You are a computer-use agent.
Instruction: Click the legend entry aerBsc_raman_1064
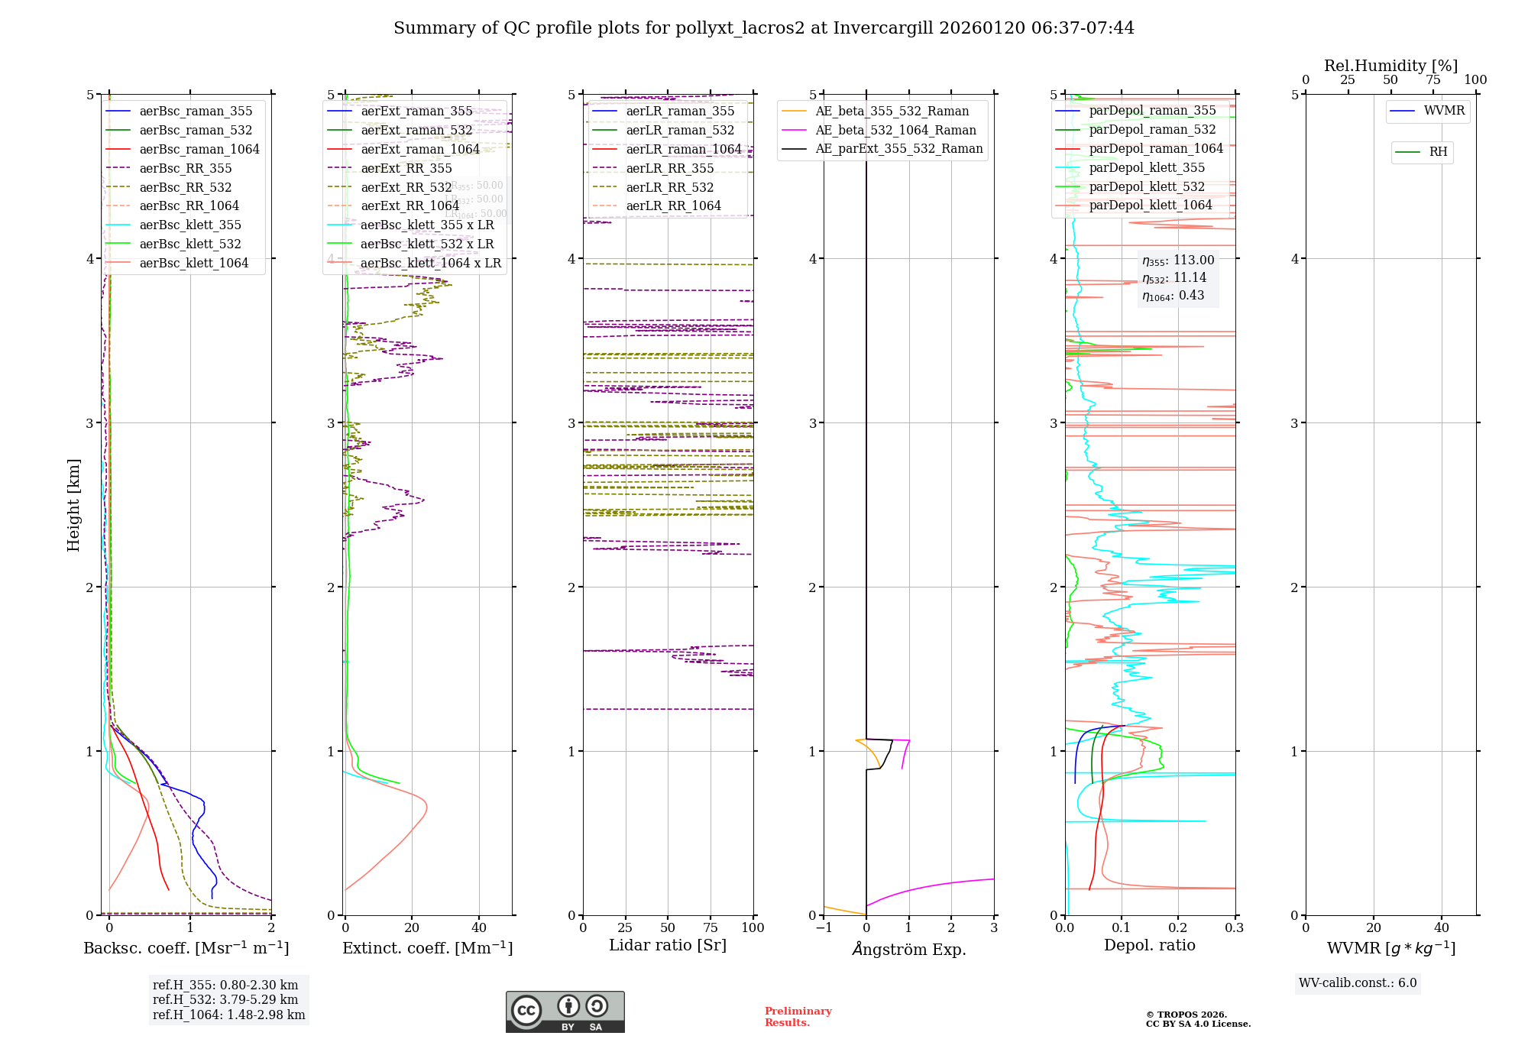pyautogui.click(x=199, y=149)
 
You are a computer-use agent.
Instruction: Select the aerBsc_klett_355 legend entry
pyautogui.click(x=190, y=225)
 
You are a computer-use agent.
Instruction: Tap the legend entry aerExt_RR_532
pyautogui.click(x=406, y=187)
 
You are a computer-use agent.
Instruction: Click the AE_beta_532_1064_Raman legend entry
pyautogui.click(x=895, y=130)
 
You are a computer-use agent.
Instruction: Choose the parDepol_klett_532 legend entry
pyautogui.click(x=1147, y=186)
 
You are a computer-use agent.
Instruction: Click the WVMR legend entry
pyautogui.click(x=1444, y=111)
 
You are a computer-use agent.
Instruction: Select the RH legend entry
pyautogui.click(x=1438, y=152)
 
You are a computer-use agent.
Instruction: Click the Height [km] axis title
pyautogui.click(x=73, y=505)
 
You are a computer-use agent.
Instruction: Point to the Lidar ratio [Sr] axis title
pyautogui.click(x=668, y=946)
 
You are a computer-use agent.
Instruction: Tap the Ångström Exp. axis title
pyautogui.click(x=909, y=949)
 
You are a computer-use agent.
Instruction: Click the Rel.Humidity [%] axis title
pyautogui.click(x=1390, y=66)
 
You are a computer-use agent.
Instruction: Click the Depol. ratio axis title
pyautogui.click(x=1150, y=946)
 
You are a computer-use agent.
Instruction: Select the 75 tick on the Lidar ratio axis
pyautogui.click(x=711, y=928)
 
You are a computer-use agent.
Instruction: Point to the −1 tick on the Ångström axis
pyautogui.click(x=824, y=928)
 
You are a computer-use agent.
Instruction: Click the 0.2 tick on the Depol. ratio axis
pyautogui.click(x=1178, y=928)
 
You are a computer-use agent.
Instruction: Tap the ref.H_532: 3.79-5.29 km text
pyautogui.click(x=225, y=999)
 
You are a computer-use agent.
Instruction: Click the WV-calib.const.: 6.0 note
pyautogui.click(x=1358, y=983)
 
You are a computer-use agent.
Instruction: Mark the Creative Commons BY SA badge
pyautogui.click(x=565, y=1011)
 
